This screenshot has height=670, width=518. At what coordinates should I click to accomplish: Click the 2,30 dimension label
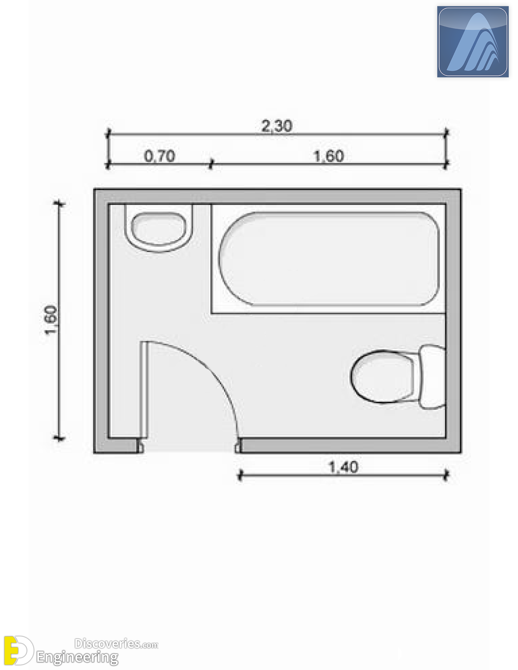pos(277,126)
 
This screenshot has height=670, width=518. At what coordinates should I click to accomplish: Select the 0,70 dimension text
pos(160,156)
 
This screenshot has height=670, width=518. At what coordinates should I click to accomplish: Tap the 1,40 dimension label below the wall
pos(343,467)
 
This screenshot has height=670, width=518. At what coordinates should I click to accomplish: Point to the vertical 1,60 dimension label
pos(51,320)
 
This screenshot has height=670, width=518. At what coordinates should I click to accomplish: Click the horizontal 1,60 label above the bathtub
pos(329,156)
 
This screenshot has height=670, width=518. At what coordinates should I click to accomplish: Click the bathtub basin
pos(329,259)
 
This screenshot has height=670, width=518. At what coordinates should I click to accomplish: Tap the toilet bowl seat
pos(383,376)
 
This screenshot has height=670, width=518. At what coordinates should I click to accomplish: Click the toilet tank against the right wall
pos(432,377)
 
